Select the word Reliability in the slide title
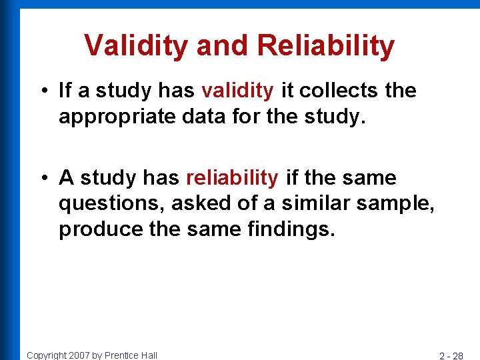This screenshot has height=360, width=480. pyautogui.click(x=325, y=45)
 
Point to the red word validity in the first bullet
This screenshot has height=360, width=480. pyautogui.click(x=237, y=91)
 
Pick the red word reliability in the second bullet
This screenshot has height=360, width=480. pyautogui.click(x=232, y=178)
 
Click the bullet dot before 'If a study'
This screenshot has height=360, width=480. pyautogui.click(x=43, y=91)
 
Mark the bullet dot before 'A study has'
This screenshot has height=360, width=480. pyautogui.click(x=43, y=179)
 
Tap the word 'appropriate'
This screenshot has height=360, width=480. pyautogui.click(x=109, y=117)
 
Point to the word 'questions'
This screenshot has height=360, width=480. pyautogui.click(x=105, y=204)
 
